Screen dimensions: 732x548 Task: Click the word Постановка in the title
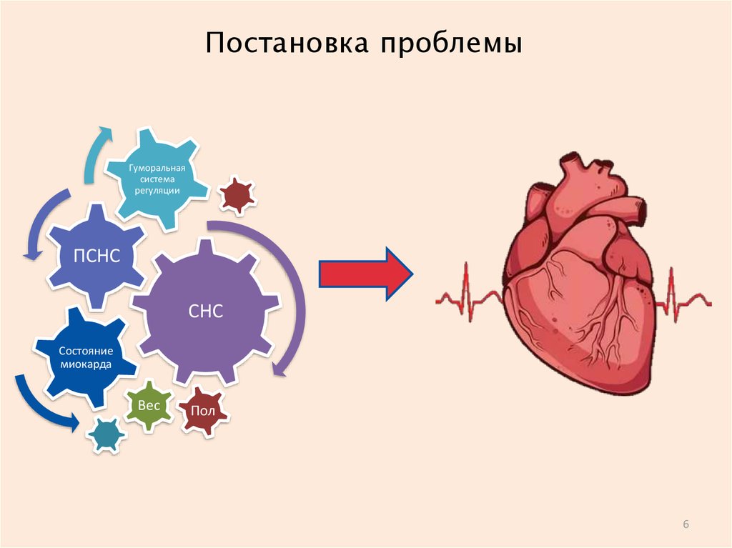287,43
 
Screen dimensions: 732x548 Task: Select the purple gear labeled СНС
206,312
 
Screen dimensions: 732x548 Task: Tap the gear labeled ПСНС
97,256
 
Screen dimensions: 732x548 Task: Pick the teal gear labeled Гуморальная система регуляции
157,179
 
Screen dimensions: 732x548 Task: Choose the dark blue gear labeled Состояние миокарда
86,357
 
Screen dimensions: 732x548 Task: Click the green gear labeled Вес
149,405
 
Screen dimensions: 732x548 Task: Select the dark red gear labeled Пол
203,410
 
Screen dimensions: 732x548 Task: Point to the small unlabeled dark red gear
237,195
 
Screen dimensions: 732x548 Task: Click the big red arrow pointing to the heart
366,274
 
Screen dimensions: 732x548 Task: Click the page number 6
686,524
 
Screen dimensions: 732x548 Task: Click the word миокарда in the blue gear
86,364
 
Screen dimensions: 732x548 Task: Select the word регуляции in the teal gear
157,191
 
